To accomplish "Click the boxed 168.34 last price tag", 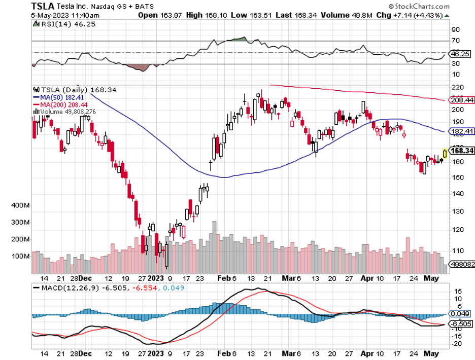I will click(461, 151).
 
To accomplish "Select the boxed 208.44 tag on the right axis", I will click(461, 100).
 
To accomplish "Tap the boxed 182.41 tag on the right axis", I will click(461, 131).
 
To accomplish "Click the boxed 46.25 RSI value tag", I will click(460, 53).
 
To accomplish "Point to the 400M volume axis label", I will click(20, 206).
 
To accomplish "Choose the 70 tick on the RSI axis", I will click(456, 41).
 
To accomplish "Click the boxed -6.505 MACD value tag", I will click(460, 323).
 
